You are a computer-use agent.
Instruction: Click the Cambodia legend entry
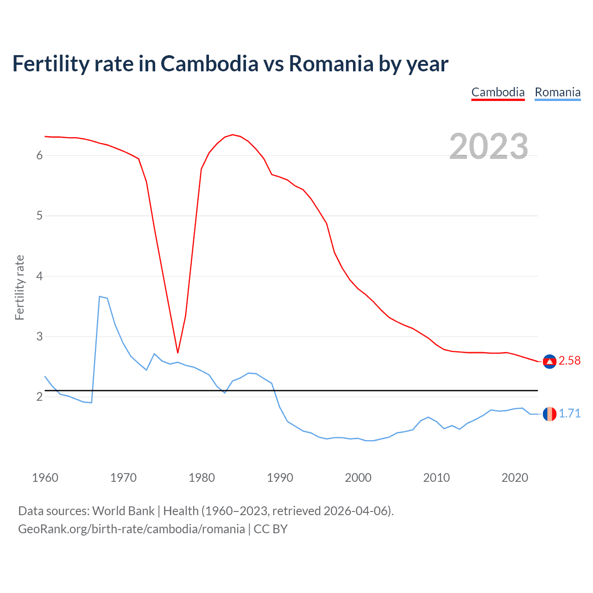[x=498, y=92]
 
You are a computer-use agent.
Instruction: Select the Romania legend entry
[x=557, y=92]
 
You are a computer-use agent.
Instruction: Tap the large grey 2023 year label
[x=489, y=146]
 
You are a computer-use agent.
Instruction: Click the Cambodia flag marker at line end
[x=549, y=361]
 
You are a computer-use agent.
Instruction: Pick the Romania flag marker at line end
[x=549, y=414]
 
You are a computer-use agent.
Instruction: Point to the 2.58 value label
[x=569, y=360]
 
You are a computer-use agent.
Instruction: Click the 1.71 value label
[x=569, y=413]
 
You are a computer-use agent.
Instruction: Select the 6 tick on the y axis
[x=39, y=156]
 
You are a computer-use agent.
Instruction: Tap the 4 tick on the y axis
[x=39, y=277]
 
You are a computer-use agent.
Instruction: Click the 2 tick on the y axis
[x=39, y=397]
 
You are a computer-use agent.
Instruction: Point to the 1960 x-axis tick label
[x=45, y=478]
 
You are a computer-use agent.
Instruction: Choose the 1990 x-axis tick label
[x=280, y=478]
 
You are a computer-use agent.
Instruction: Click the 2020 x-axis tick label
[x=515, y=478]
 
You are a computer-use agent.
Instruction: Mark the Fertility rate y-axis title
[x=19, y=287]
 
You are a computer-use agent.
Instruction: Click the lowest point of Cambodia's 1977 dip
[x=177, y=353]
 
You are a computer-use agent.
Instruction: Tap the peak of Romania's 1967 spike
[x=100, y=296]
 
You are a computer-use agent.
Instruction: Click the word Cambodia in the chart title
[x=209, y=64]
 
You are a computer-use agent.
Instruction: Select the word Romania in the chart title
[x=331, y=64]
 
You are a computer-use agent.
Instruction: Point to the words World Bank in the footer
[x=123, y=511]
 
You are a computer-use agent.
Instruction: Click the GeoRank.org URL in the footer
[x=131, y=529]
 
